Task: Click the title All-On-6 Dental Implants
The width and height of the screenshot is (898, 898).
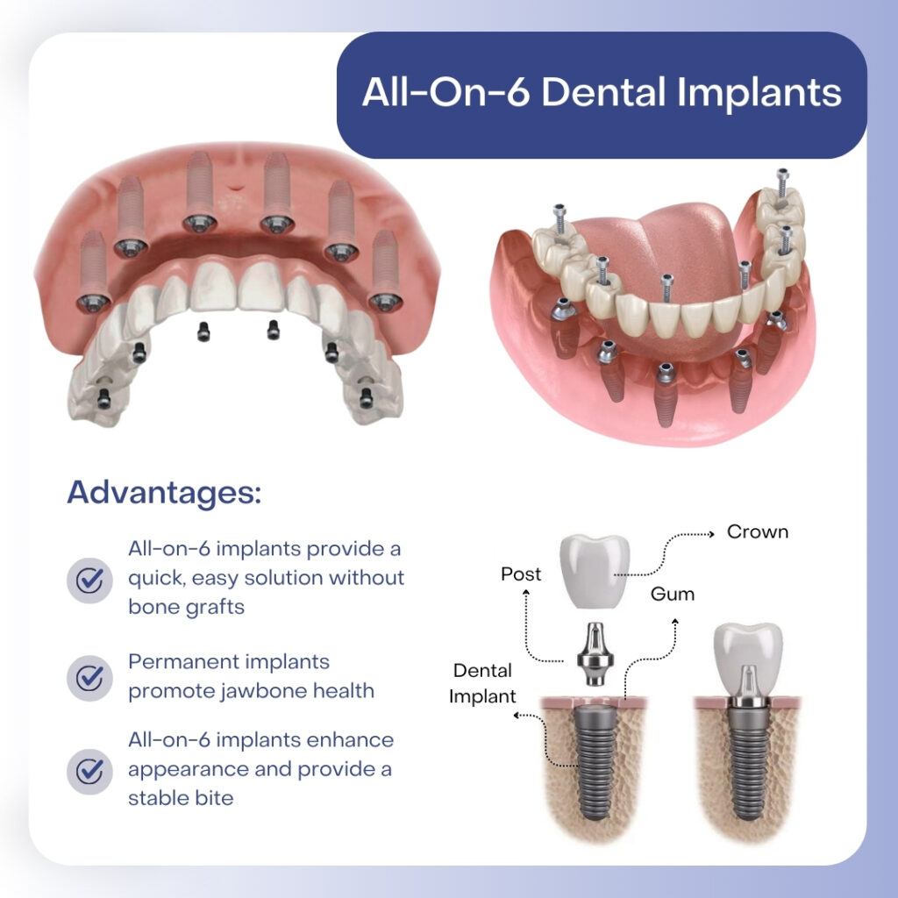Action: point(602,93)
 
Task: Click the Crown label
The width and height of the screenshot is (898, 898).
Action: point(758,532)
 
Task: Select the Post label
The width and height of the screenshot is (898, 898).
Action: point(521,574)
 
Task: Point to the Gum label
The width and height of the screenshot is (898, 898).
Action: point(673,594)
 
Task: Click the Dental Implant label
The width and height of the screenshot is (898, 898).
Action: point(481,684)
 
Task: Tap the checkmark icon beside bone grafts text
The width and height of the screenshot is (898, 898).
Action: point(89,579)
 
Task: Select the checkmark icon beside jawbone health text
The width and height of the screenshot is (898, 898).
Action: point(89,676)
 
